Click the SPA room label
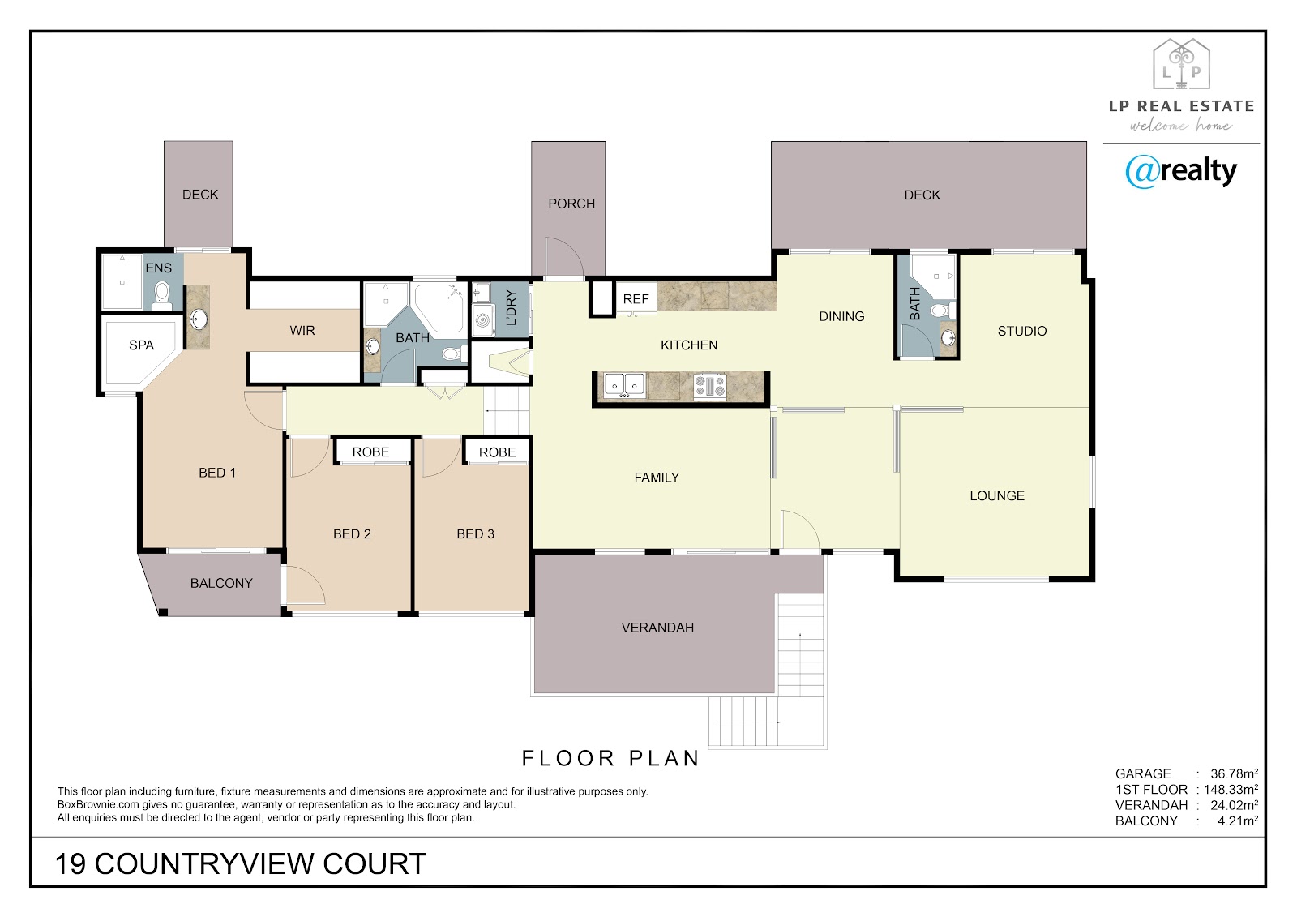[x=141, y=345]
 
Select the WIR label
[x=302, y=331]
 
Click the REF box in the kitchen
[x=636, y=299]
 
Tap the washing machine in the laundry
[x=483, y=319]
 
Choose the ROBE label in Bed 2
[x=370, y=452]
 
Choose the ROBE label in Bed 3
[x=498, y=452]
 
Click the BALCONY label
[x=222, y=583]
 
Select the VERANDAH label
[x=657, y=628]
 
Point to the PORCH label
[x=571, y=204]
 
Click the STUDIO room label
[x=1022, y=332]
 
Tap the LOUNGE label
[x=997, y=496]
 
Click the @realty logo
[x=1181, y=171]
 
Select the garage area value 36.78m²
[x=1234, y=773]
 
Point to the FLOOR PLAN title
[x=611, y=758]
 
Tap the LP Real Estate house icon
[x=1181, y=64]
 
